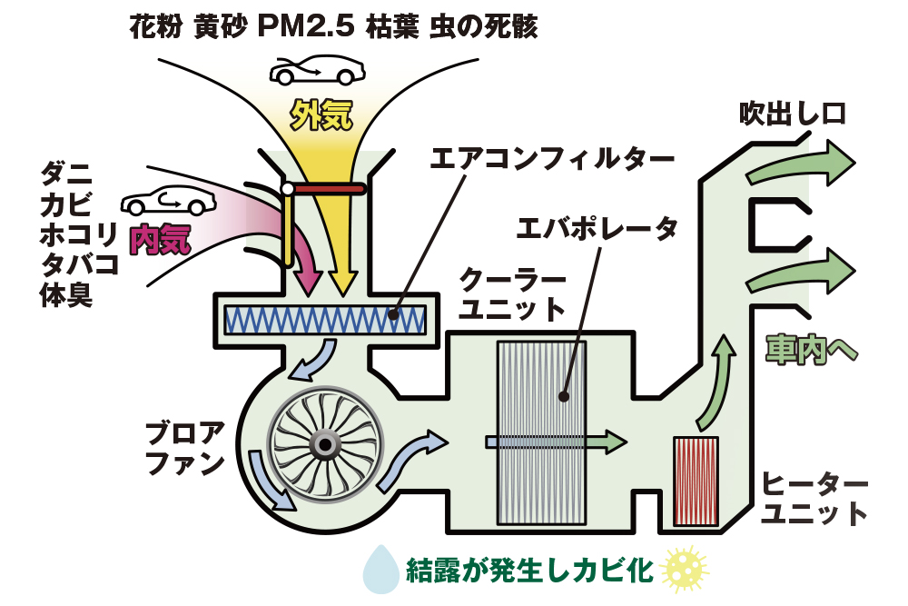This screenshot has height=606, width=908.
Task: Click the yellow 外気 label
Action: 320,114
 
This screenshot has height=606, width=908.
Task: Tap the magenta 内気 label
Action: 161,237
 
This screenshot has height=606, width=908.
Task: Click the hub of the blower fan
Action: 323,444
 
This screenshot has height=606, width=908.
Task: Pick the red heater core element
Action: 696,482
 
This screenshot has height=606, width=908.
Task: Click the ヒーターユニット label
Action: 814,498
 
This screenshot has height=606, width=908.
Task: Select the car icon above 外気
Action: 316,68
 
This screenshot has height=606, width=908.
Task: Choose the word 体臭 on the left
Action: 65,295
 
